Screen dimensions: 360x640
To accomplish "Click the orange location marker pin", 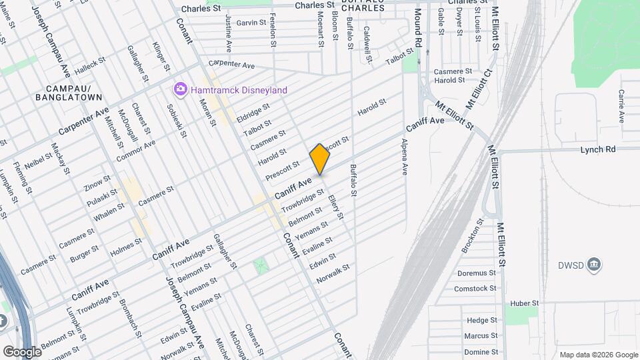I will point(320,159).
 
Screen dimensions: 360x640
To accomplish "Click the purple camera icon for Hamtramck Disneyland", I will point(180,89).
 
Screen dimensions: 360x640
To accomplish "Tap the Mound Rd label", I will point(418,27).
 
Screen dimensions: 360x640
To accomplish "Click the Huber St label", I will point(524,303).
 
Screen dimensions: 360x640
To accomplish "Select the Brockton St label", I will point(472,235).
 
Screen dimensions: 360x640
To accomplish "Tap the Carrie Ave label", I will point(621,106).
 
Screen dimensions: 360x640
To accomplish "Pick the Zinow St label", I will point(97,181).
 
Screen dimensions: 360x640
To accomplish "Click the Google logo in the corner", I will point(21,351).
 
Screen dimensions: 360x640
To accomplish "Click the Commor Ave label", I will point(135,151).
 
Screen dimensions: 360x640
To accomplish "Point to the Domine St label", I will point(481,351).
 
